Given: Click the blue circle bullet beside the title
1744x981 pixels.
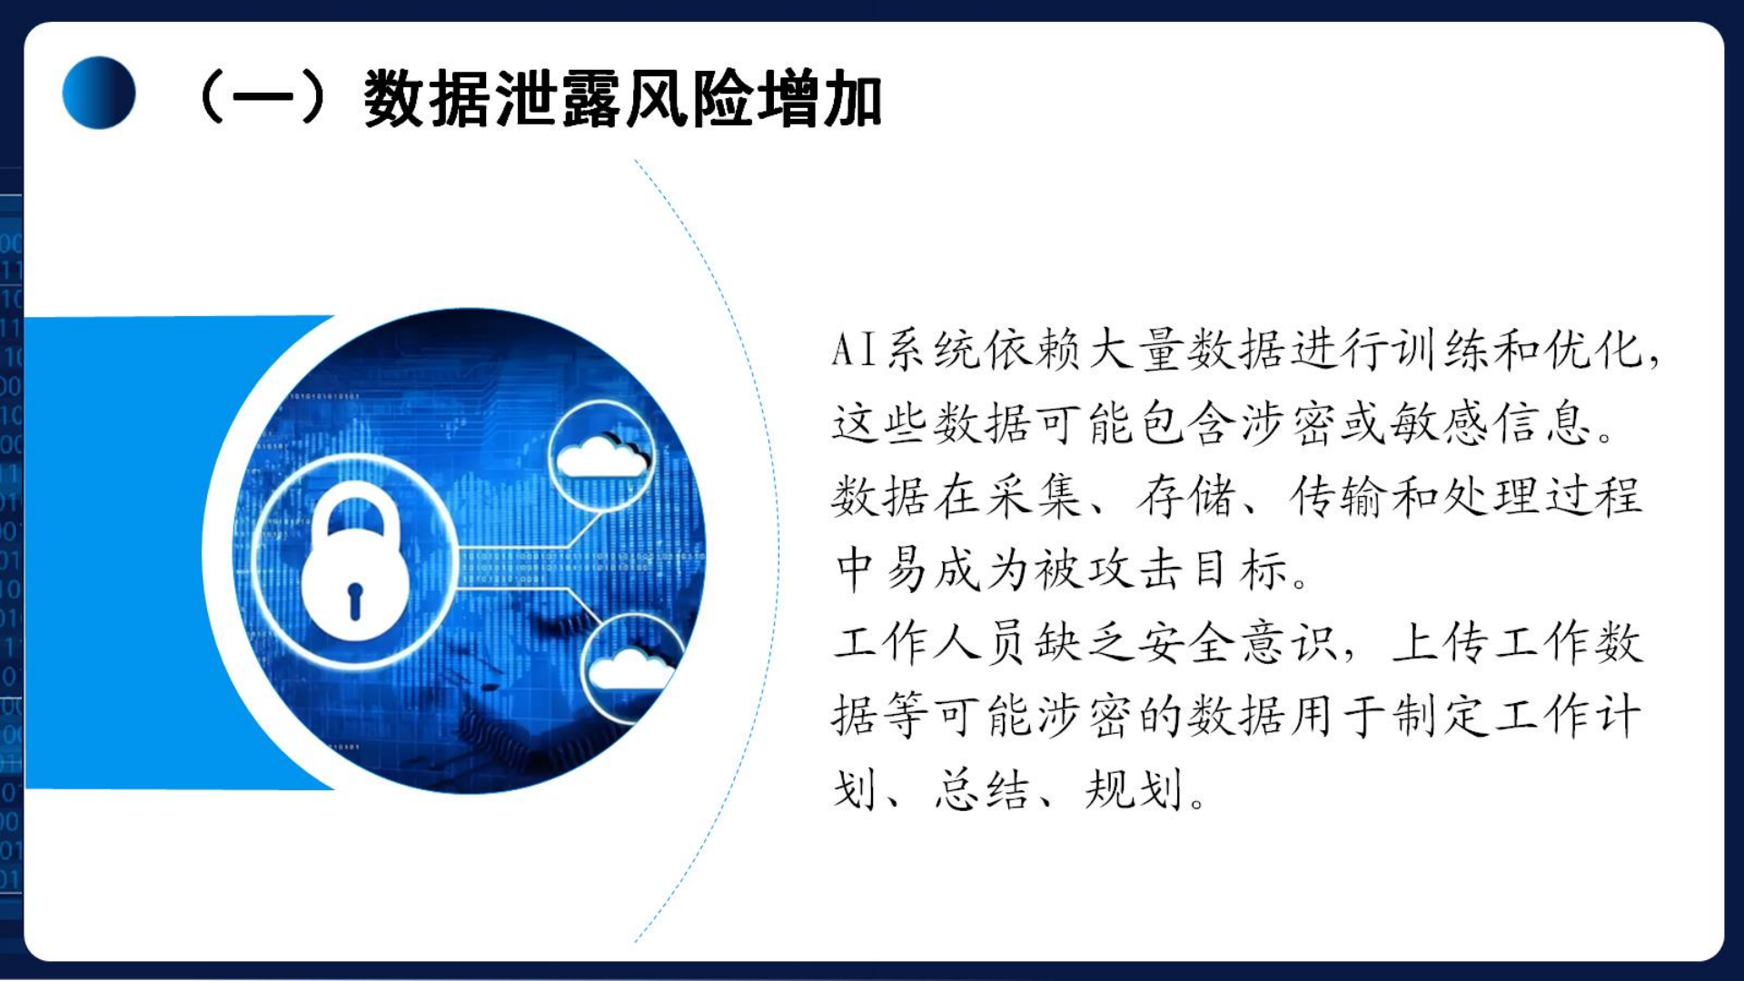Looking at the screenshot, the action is coord(99,93).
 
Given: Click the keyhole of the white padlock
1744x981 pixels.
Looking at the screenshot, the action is coord(355,600).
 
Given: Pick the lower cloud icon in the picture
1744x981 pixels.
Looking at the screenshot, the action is coord(630,670).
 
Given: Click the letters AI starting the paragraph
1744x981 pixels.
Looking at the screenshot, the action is coord(854,350).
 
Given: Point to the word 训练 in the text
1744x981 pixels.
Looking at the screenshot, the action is coord(1441,350).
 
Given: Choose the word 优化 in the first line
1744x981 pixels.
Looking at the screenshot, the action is coord(1594,350).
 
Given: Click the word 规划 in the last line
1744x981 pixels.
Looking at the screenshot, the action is coord(1135,789).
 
